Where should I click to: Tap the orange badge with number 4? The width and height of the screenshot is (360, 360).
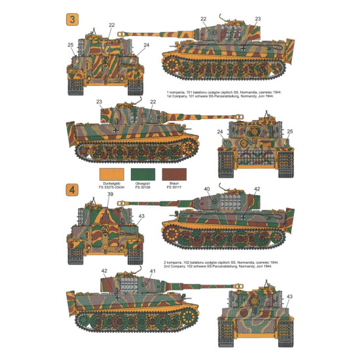pyautogui.click(x=71, y=190)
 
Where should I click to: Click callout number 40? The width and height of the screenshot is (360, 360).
pyautogui.click(x=207, y=189)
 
